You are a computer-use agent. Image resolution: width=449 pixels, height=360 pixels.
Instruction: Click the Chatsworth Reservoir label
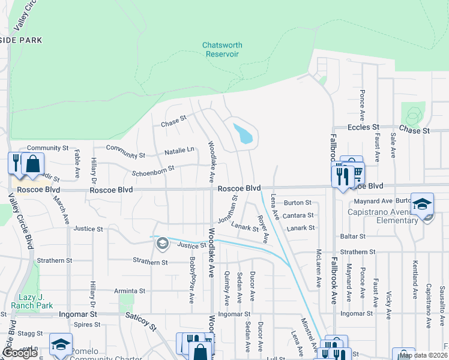coord(220,49)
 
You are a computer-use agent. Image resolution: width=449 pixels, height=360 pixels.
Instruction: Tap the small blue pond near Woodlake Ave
coord(243,134)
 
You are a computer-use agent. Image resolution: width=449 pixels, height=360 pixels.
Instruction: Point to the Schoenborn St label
coord(153,171)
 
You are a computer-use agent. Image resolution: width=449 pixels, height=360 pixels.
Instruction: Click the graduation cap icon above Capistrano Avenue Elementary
coord(422,204)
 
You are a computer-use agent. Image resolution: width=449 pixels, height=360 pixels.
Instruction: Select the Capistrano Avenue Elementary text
coord(382,216)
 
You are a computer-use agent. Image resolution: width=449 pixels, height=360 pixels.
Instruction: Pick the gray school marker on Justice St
coord(161,244)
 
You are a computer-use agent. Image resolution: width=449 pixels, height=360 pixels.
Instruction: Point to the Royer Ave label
coord(262,229)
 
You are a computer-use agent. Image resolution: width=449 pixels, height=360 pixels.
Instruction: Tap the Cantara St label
coord(298,215)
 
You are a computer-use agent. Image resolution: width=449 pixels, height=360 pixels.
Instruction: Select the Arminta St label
coord(130,291)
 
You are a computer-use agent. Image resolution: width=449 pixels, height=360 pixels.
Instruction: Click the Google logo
coord(20,353)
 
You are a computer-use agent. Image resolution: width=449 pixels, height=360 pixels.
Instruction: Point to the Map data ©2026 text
coord(424,355)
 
